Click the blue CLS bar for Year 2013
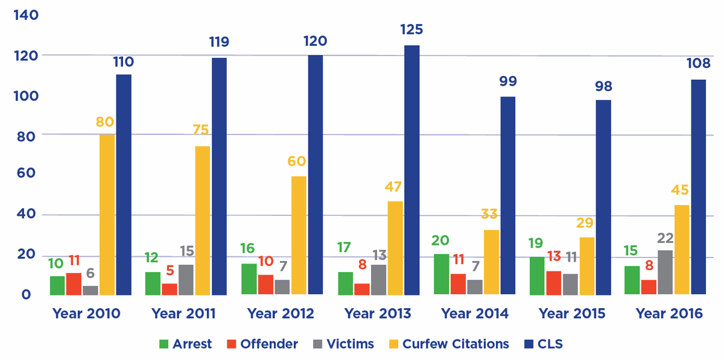pos(411,170)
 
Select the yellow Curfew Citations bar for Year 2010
pos(107,215)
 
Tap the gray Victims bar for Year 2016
pos(665,273)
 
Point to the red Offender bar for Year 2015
pos(553,283)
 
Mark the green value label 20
pos(440,241)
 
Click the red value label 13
pos(554,257)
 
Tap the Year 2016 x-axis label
pos(668,314)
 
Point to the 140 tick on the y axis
pos(25,15)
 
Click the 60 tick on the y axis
pos(25,174)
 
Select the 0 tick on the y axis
pos(25,294)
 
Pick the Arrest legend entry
pos(185,344)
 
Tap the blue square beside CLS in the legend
pos(529,344)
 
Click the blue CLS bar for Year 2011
pos(219,176)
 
